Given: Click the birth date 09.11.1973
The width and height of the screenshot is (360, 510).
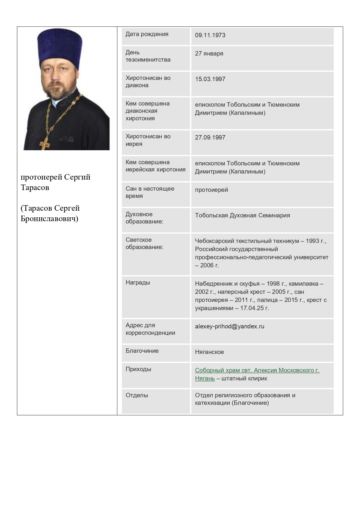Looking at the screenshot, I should coord(210,35).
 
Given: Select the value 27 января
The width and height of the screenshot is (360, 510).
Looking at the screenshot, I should coord(209,53).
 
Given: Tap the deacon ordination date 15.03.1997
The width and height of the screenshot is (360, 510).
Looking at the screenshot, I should coord(210,79).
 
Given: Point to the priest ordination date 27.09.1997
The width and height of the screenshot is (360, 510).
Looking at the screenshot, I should coord(210,137).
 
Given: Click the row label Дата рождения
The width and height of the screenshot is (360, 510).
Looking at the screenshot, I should coord(147,34).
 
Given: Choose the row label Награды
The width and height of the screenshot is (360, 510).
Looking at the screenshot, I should coord(138,282).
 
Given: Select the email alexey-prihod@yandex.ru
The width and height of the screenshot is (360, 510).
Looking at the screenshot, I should coord(230,326).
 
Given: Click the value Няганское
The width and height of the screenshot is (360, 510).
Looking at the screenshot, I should coord(209,352).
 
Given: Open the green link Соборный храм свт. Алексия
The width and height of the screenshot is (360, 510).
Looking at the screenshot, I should coord(257,370).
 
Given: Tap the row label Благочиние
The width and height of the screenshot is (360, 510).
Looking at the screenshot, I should coord(142,351).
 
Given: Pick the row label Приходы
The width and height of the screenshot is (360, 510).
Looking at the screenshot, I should coord(138,369).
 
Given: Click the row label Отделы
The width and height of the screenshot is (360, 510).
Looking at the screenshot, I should coord(137,395).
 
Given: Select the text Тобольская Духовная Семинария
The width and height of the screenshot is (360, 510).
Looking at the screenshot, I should coord(242,215).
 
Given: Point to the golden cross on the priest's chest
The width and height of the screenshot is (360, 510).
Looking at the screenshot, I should coord(45,143).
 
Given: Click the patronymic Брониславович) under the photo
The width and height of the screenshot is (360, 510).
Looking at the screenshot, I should coord(49,219).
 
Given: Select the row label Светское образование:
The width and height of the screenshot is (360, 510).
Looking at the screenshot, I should coord(144,244).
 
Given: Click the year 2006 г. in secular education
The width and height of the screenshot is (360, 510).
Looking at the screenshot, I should coord(209,265).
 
